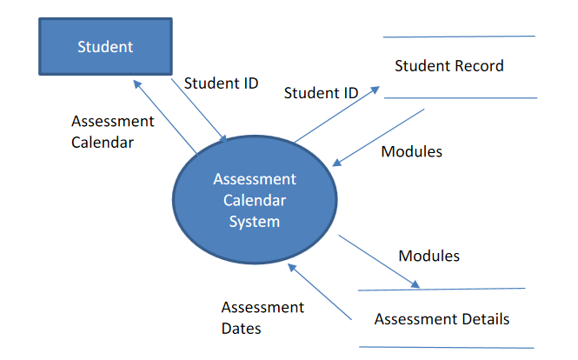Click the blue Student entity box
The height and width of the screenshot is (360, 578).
(104, 47)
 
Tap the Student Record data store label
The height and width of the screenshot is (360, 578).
(448, 66)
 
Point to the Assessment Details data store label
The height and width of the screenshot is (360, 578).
(442, 319)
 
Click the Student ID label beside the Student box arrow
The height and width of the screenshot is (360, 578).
(221, 84)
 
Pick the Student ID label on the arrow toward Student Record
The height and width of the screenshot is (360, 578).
(322, 92)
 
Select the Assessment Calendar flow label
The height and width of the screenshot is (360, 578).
(112, 131)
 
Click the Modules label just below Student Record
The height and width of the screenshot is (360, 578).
(412, 151)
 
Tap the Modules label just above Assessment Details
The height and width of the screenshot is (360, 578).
(429, 256)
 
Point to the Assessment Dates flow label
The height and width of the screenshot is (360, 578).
(262, 317)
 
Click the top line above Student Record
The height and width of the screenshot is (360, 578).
(459, 37)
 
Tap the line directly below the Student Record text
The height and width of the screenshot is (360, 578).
(459, 97)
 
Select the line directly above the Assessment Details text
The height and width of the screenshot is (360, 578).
(442, 289)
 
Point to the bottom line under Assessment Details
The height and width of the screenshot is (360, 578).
(446, 348)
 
